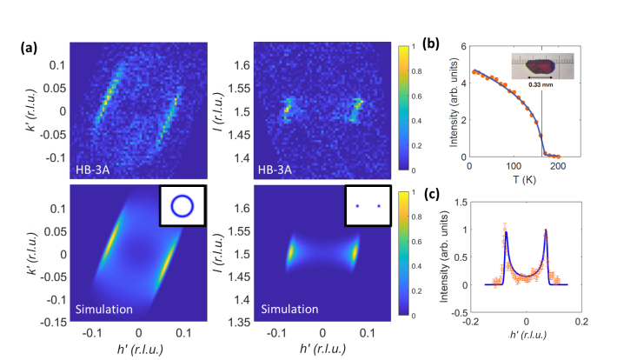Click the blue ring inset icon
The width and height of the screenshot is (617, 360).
(x=182, y=205)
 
